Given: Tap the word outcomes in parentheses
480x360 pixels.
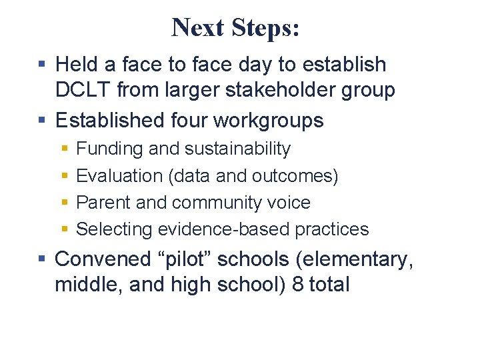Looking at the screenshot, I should (x=295, y=176).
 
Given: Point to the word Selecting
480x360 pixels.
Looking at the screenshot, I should (x=115, y=229).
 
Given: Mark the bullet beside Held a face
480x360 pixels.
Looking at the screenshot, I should (x=41, y=65).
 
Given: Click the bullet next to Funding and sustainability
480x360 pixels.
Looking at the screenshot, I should (x=64, y=149).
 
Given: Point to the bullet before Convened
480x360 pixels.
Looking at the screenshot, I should (x=41, y=259).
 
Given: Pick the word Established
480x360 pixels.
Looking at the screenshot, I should (x=112, y=120).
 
